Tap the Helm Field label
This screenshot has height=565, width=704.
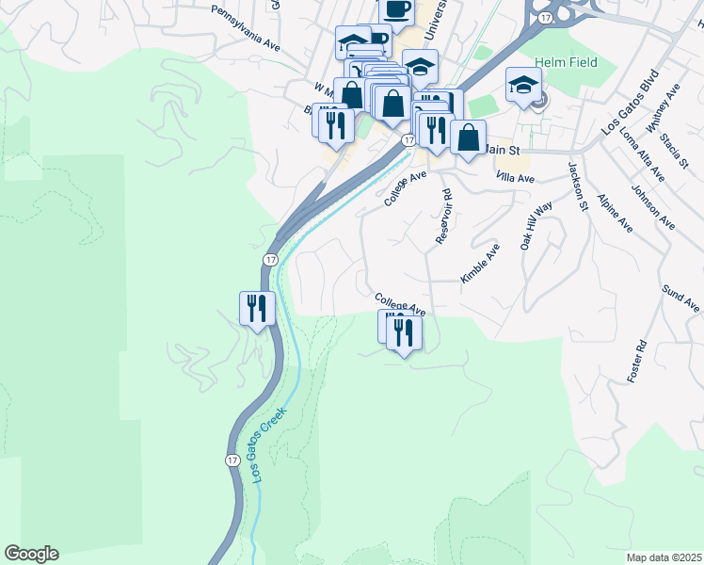click(564, 62)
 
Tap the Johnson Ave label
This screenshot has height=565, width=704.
click(653, 207)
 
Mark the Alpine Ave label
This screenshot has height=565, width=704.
click(615, 214)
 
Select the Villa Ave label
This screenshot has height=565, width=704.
click(515, 177)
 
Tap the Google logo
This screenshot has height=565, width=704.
click(31, 554)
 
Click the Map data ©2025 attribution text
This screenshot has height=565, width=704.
click(664, 557)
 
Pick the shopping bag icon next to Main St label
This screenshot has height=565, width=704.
click(468, 137)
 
